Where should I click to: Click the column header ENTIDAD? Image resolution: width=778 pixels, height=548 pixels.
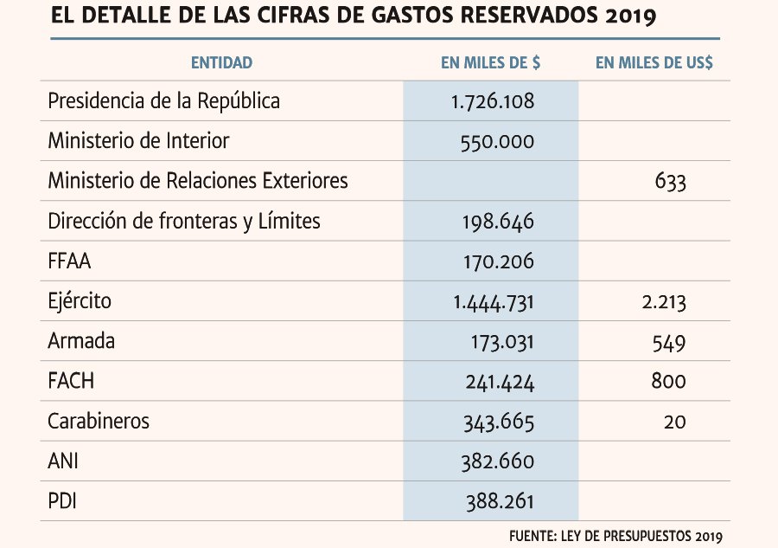[x=222, y=62]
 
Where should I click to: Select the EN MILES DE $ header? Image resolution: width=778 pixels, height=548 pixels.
[x=491, y=62]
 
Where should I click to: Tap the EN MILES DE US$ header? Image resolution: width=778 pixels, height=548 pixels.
[x=654, y=62]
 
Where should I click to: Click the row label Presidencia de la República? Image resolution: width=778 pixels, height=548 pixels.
[x=163, y=100]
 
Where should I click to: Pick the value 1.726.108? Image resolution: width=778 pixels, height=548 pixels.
[x=493, y=101]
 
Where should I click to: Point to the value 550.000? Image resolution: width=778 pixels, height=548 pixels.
[x=497, y=142]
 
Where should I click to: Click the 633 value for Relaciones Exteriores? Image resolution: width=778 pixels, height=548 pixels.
[x=670, y=182]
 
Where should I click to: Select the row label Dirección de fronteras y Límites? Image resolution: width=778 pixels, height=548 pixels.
[x=184, y=222]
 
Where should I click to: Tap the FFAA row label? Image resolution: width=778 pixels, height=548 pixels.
[x=69, y=261]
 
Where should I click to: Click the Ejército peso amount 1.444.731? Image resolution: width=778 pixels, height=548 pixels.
[x=494, y=302]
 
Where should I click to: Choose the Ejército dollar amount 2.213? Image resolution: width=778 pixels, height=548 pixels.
[x=664, y=302]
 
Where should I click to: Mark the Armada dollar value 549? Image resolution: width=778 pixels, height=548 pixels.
[x=669, y=342]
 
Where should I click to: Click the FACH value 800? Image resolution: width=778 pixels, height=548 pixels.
[x=669, y=382]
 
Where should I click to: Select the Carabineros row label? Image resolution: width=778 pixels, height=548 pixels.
[x=99, y=422]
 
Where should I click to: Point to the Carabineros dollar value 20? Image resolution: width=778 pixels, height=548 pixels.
[x=675, y=422]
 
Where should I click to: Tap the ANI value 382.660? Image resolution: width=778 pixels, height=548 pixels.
[x=498, y=462]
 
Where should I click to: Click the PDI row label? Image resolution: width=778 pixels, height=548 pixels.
[x=62, y=501]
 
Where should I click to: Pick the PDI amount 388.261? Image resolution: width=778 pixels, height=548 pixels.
[x=500, y=502]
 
